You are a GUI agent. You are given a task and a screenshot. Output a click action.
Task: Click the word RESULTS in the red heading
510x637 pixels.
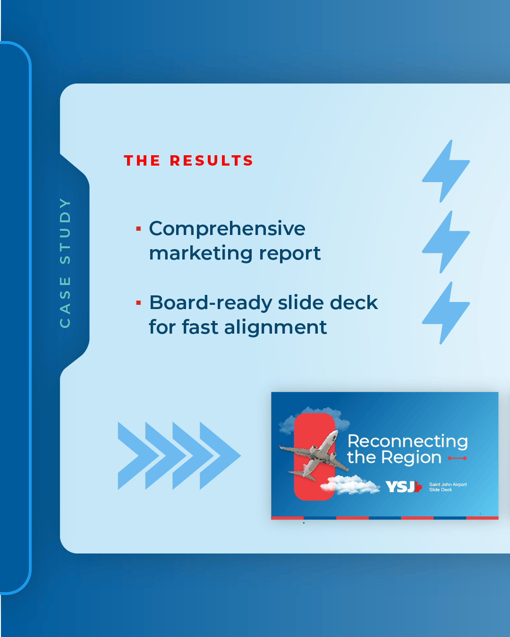[211, 161]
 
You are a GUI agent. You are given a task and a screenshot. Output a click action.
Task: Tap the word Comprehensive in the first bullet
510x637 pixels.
[227, 229]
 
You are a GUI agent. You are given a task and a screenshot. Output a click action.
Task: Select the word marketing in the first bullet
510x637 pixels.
[201, 253]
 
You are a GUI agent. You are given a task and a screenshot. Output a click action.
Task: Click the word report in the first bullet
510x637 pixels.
[290, 254]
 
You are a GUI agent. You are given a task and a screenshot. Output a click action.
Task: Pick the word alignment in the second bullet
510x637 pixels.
[275, 327]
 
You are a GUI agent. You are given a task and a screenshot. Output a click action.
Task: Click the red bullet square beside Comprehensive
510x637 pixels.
[138, 229]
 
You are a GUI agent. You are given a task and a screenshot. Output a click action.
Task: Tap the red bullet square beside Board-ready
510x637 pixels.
[138, 302]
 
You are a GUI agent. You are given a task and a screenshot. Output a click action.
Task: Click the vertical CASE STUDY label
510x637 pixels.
[65, 263]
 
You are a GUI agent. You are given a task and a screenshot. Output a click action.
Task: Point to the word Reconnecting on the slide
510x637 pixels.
[408, 442]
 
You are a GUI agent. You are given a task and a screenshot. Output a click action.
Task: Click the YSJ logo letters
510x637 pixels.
[400, 486]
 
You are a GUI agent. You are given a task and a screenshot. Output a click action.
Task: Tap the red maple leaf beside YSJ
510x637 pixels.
[418, 486]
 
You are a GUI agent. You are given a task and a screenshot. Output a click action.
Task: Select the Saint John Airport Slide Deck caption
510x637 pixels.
[448, 487]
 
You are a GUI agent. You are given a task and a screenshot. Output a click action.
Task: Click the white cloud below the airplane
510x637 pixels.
[350, 485]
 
